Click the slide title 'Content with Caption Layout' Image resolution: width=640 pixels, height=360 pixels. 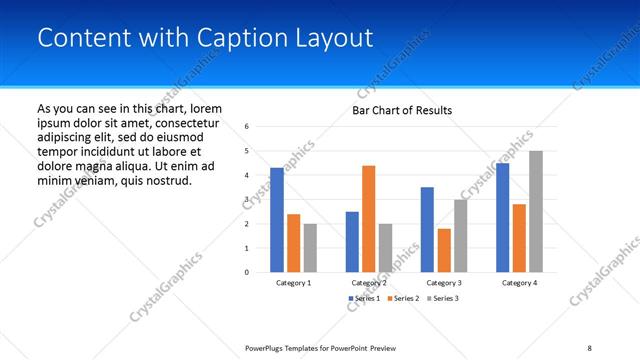[x=205, y=38]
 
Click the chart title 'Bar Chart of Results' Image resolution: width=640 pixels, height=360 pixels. [x=402, y=110]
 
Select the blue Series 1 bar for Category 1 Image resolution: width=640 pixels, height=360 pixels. [x=277, y=220]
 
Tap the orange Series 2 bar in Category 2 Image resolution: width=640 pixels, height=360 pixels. [x=368, y=218]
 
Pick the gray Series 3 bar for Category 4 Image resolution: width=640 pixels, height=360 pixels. [x=536, y=211]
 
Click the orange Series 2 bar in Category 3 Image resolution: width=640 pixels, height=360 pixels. [x=444, y=250]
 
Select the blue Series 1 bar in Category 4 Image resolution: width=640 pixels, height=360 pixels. [x=502, y=217]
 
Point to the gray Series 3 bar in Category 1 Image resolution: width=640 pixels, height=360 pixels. [x=310, y=247]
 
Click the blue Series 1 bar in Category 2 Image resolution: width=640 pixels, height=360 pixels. [x=352, y=241]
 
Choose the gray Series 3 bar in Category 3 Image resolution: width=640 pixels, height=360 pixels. [x=460, y=235]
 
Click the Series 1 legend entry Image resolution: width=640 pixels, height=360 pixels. [x=364, y=299]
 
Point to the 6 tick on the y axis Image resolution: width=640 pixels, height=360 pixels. [x=247, y=127]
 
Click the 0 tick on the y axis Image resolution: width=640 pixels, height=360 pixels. [x=247, y=272]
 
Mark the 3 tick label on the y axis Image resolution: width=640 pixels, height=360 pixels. [x=247, y=200]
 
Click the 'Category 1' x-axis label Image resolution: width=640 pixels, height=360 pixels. [x=293, y=283]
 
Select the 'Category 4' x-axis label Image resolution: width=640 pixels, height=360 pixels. [x=518, y=283]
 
